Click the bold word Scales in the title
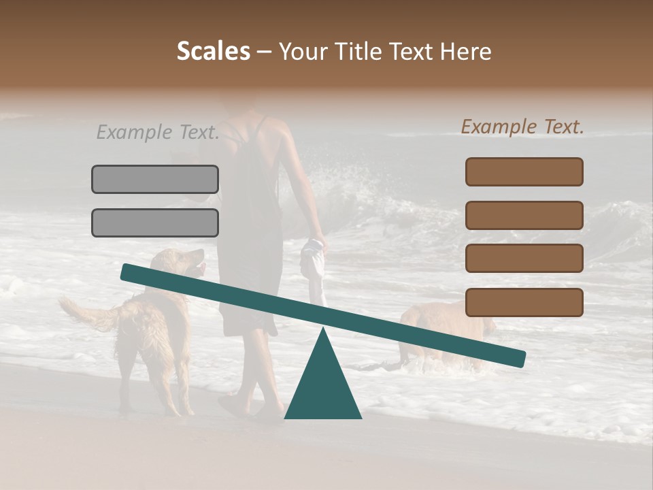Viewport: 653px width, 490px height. click(213, 52)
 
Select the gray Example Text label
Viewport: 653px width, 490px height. click(158, 132)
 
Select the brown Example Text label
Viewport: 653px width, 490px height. click(522, 127)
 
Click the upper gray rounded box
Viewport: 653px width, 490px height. click(155, 179)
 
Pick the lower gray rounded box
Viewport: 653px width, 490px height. click(155, 223)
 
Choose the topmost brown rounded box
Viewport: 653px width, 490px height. click(524, 171)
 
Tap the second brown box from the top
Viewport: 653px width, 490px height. click(524, 215)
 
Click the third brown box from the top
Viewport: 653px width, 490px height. click(524, 259)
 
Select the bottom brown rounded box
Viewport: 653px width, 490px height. click(524, 302)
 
